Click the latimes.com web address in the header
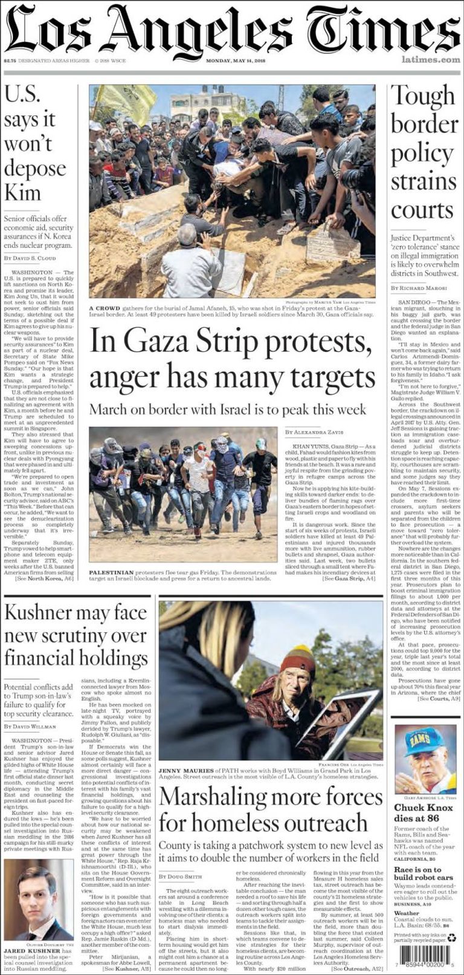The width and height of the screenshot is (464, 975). [430, 60]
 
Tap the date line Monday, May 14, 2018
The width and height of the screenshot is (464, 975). [239, 60]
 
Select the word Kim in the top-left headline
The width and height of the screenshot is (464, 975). [23, 193]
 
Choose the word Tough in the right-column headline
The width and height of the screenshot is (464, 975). [422, 96]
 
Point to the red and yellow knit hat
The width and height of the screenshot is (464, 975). [297, 659]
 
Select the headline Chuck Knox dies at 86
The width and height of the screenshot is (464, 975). [423, 813]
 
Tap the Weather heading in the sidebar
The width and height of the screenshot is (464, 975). [406, 913]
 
